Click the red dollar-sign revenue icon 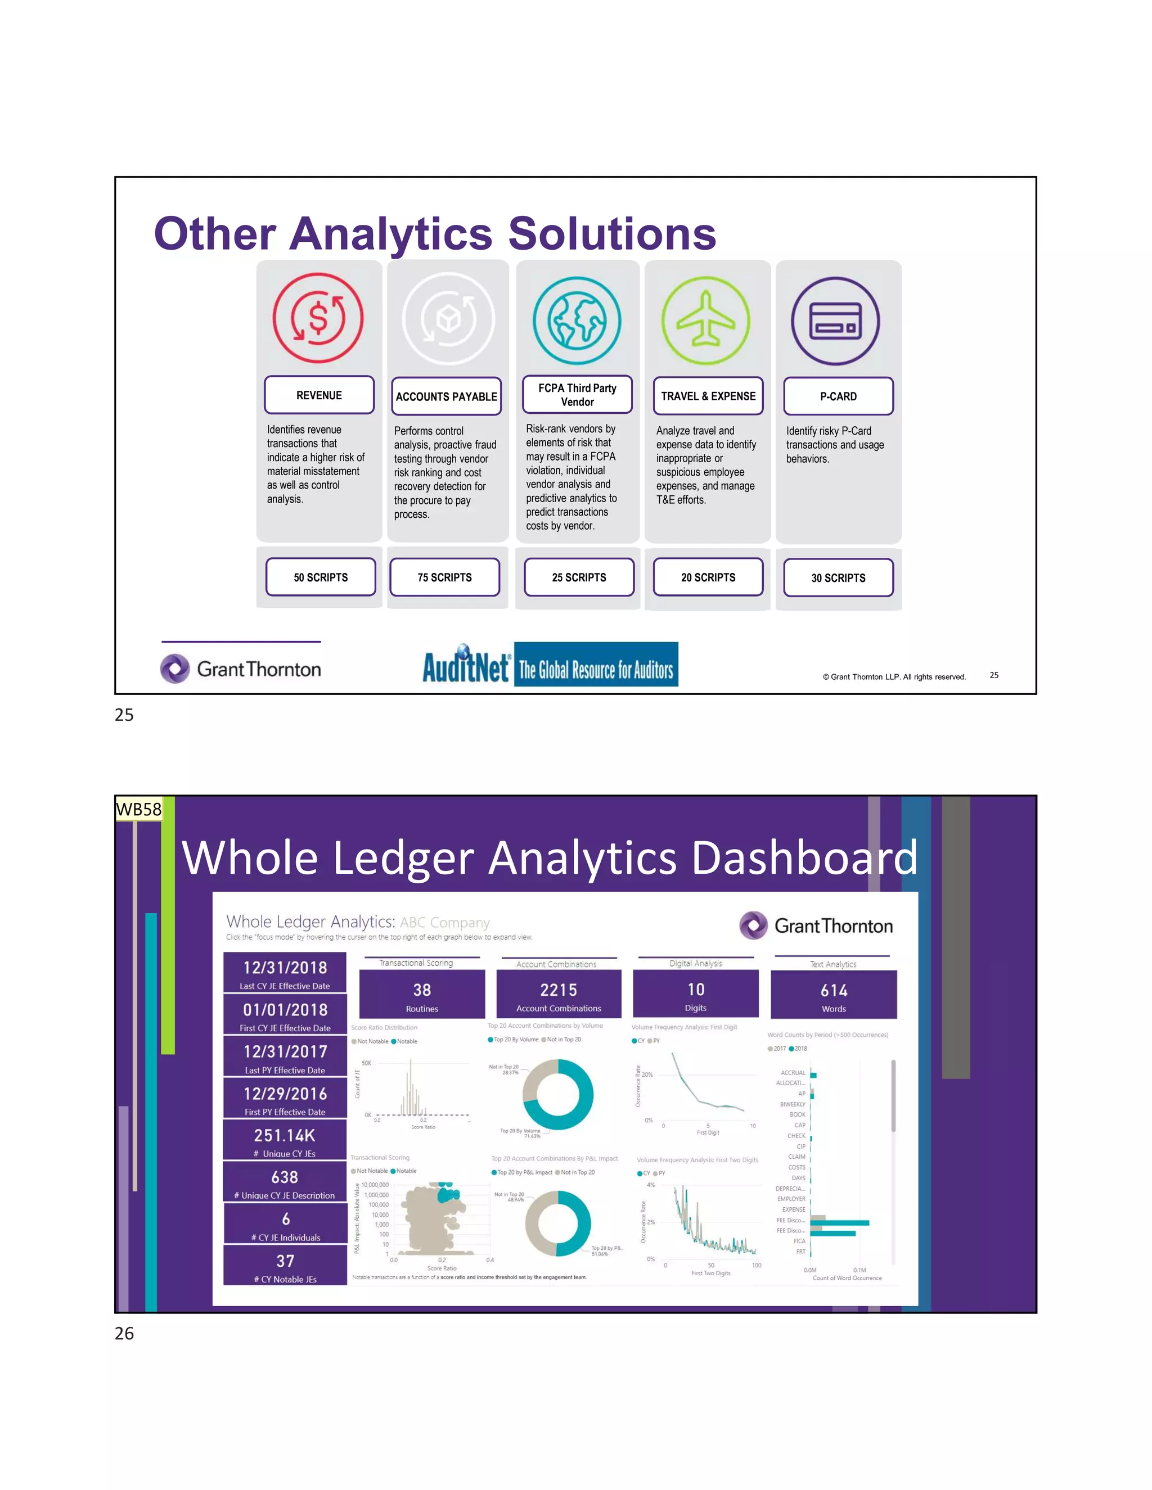click(x=318, y=318)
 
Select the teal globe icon click(x=577, y=320)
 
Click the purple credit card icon click(x=835, y=321)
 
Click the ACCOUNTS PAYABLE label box click(x=446, y=396)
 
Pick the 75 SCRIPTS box click(x=444, y=577)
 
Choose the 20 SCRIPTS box click(x=708, y=577)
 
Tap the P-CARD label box click(x=838, y=396)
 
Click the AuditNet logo click(x=550, y=665)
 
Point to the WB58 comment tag click(x=138, y=809)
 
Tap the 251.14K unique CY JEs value click(x=285, y=1135)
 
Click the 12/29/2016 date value click(x=285, y=1094)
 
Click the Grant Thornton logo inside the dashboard click(x=816, y=926)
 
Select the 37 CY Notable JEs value click(x=285, y=1261)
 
